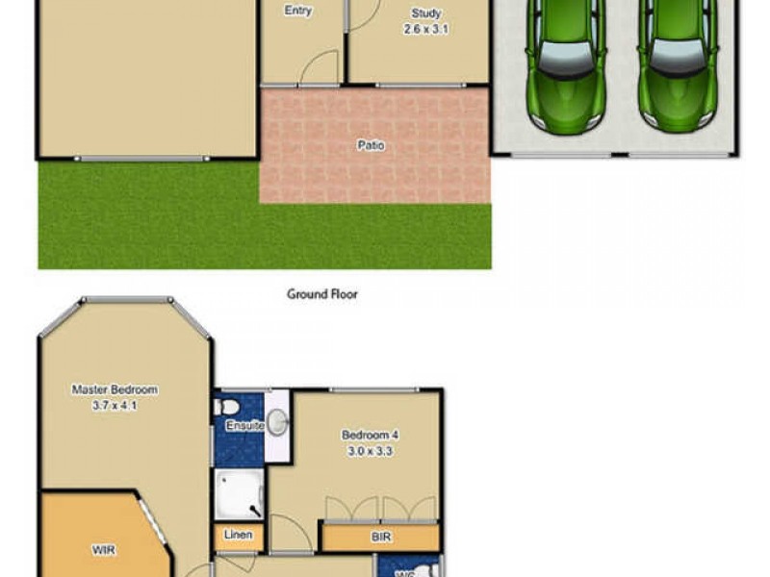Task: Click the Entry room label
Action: coord(298,12)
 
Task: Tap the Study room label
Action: coord(425,13)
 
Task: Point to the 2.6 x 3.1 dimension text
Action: coord(425,30)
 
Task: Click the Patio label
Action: coord(371,146)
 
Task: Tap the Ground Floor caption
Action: coord(322,294)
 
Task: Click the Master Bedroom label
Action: coord(115,389)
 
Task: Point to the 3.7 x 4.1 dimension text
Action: coord(115,405)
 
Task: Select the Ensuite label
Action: coord(244,425)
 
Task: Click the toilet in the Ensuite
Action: coord(220,407)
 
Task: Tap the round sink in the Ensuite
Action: coord(276,420)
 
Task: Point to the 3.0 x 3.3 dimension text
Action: coord(369,450)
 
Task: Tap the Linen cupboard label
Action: coord(238,536)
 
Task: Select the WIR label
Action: coord(104,550)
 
